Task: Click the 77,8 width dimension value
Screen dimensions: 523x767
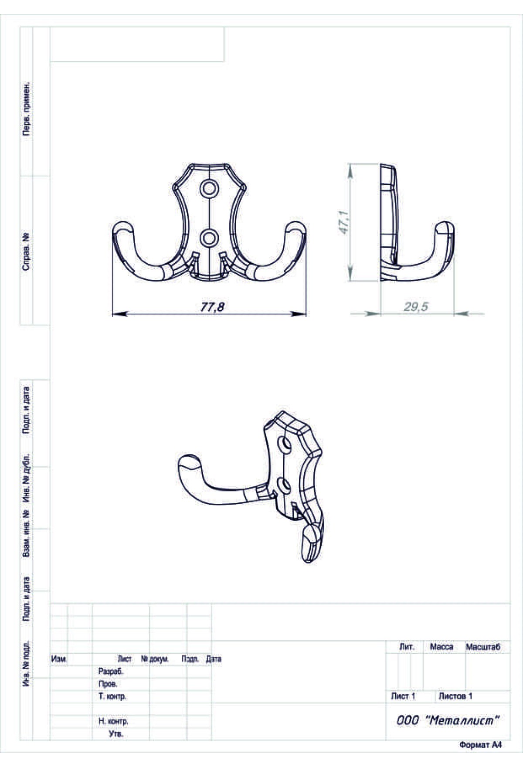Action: [x=212, y=307]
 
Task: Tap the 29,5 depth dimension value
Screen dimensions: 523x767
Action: [x=416, y=307]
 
